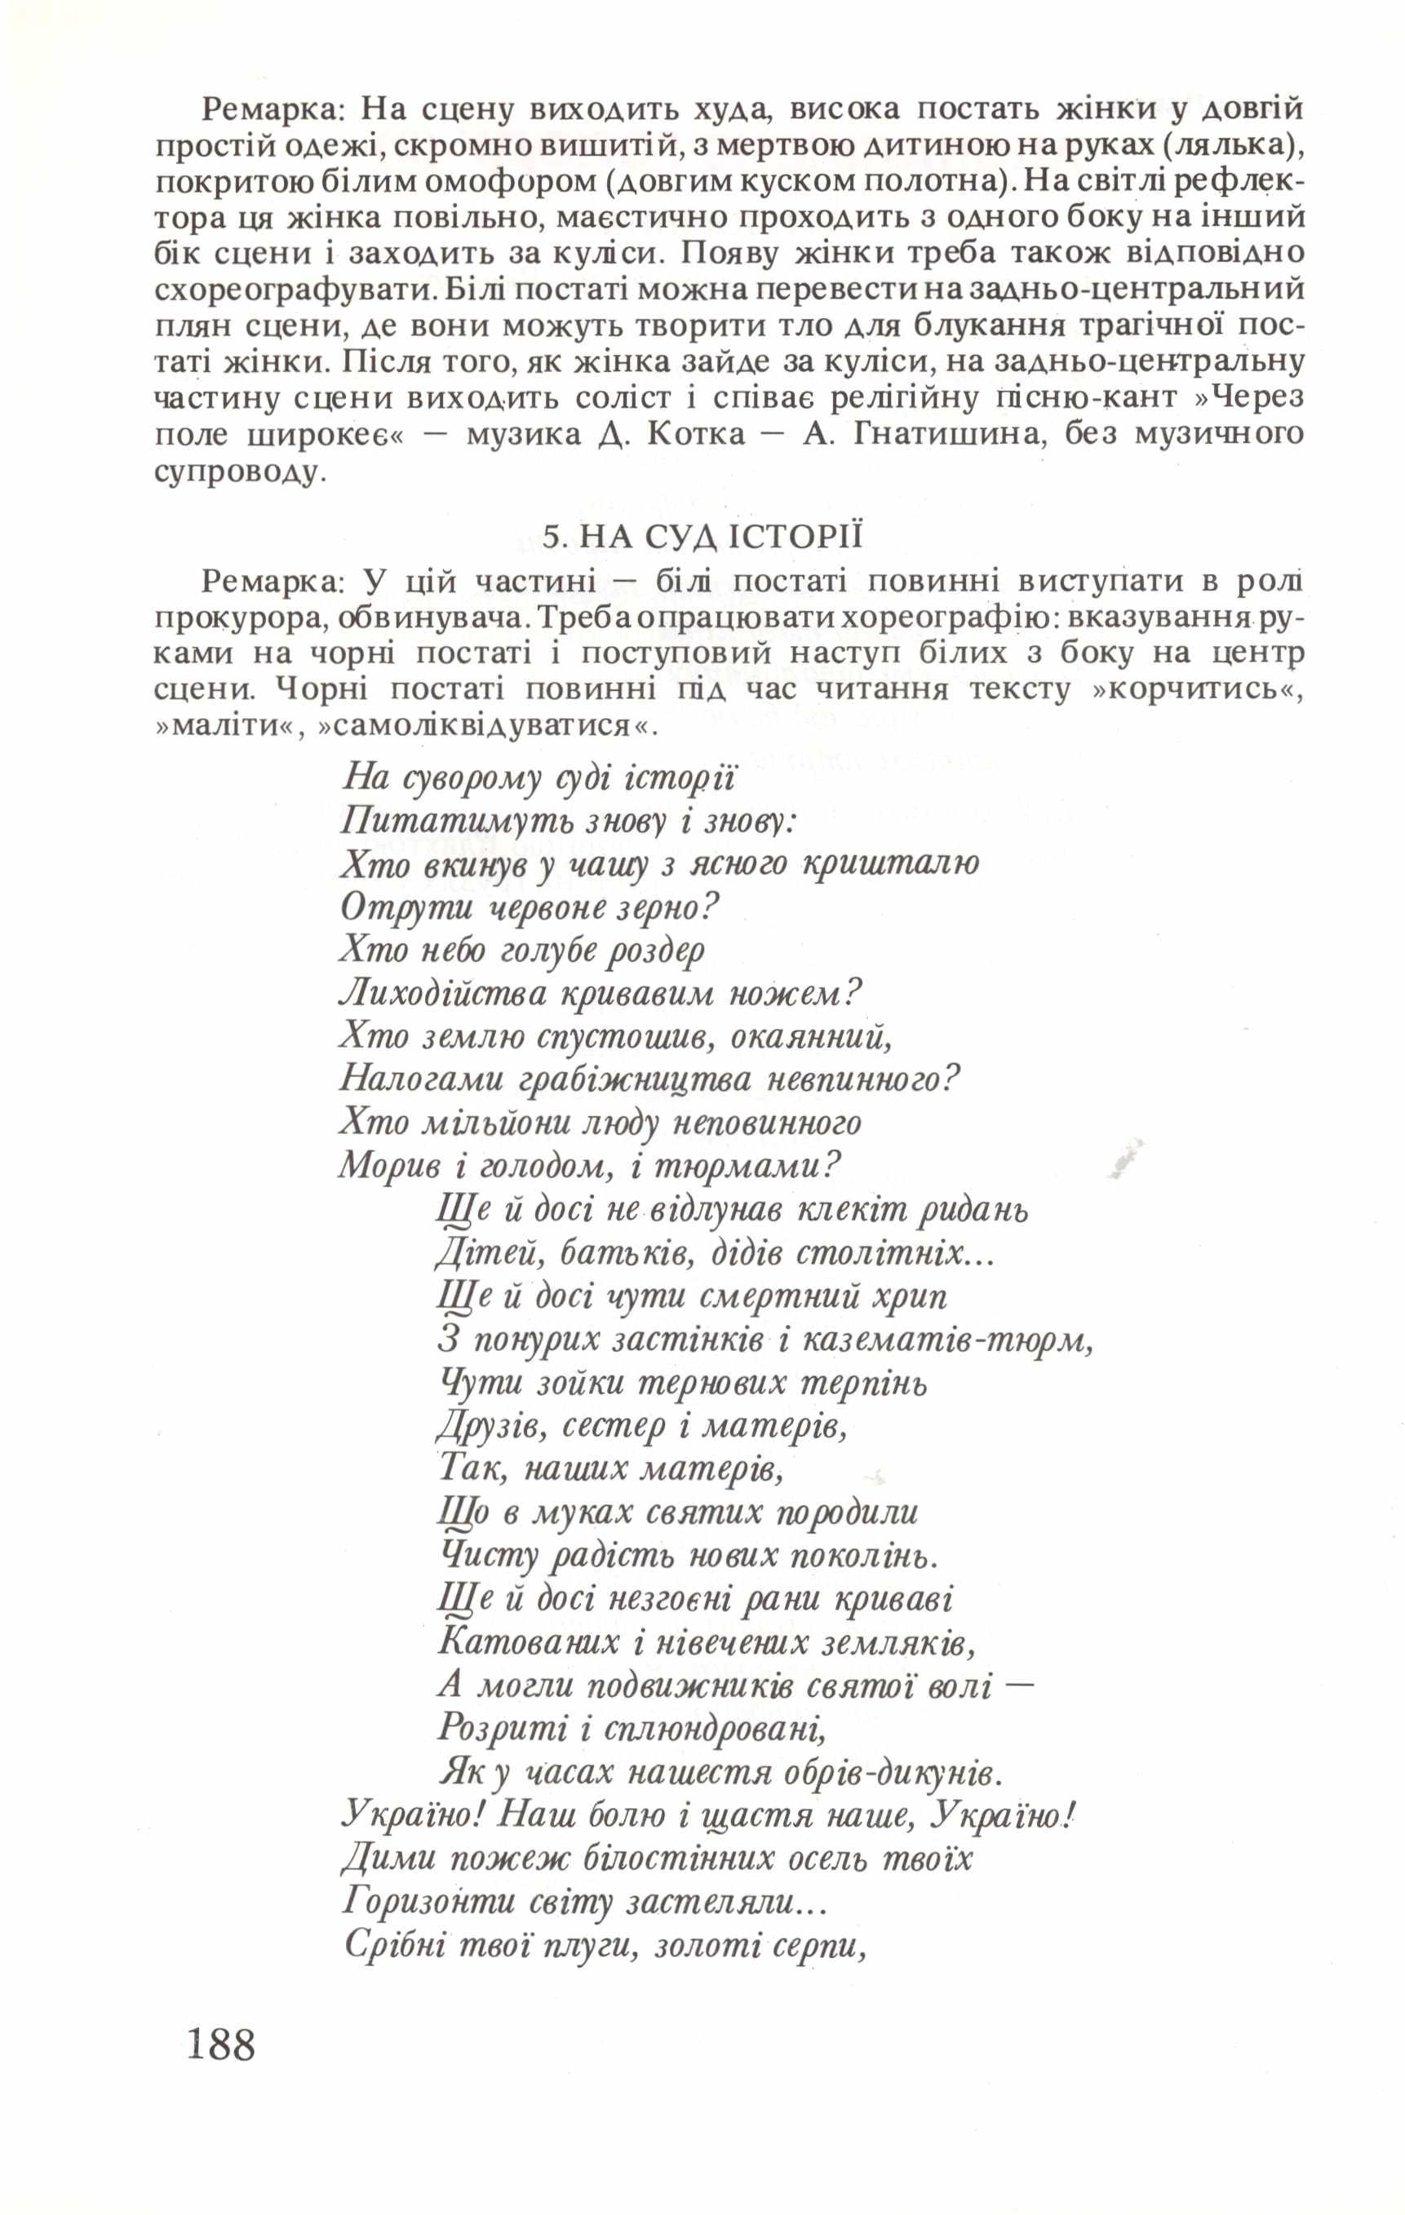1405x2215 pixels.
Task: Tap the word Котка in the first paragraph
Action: (697, 434)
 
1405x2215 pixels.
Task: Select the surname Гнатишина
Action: (950, 434)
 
